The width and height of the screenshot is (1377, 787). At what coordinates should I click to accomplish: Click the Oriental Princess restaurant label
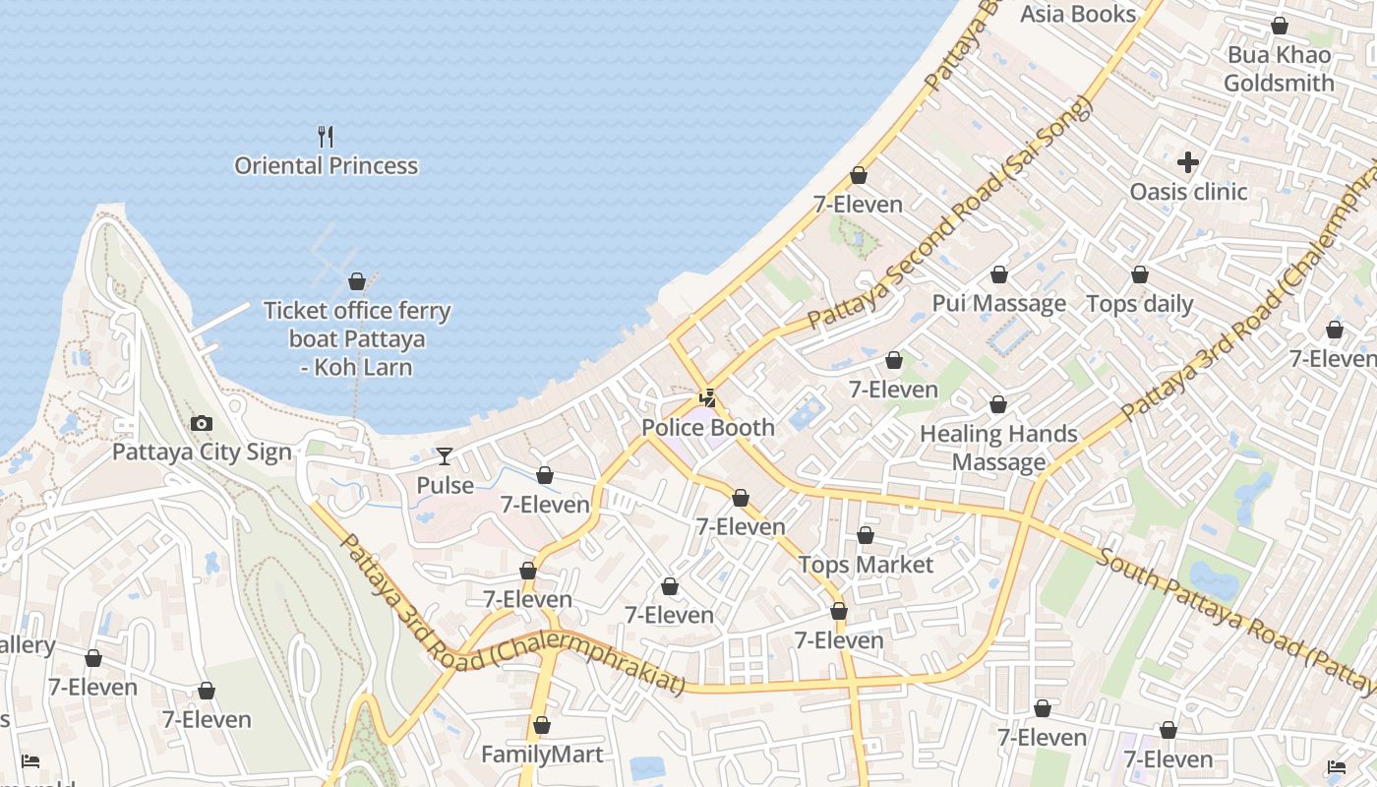click(326, 165)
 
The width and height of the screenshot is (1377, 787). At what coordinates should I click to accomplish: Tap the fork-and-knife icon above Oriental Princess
click(326, 136)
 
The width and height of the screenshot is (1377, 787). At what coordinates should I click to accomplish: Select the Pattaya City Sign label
click(202, 452)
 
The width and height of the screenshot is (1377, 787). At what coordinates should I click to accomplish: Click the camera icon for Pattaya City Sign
click(202, 423)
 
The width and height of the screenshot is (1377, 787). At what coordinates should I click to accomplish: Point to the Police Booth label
click(708, 428)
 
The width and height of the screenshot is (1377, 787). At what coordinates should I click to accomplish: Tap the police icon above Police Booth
click(707, 398)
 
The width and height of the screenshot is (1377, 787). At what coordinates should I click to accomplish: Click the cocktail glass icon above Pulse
click(445, 455)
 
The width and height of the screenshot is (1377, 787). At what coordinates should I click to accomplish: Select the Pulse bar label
click(445, 485)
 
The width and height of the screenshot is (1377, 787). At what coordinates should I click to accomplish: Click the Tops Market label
click(866, 565)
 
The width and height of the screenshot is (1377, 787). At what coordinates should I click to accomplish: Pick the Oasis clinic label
click(1188, 191)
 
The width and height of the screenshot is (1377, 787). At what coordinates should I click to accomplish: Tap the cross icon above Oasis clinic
click(1188, 161)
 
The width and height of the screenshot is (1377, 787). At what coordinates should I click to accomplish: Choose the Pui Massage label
click(998, 303)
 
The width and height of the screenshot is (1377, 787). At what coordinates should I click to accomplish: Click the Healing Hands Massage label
click(998, 448)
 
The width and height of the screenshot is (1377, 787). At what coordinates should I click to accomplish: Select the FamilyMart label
click(542, 755)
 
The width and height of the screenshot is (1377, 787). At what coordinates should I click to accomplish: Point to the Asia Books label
click(1078, 14)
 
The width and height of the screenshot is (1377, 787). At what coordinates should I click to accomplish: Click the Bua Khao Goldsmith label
click(1279, 69)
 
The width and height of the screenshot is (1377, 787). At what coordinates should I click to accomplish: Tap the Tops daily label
click(1139, 304)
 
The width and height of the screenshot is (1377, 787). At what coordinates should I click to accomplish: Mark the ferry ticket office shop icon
click(357, 281)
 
